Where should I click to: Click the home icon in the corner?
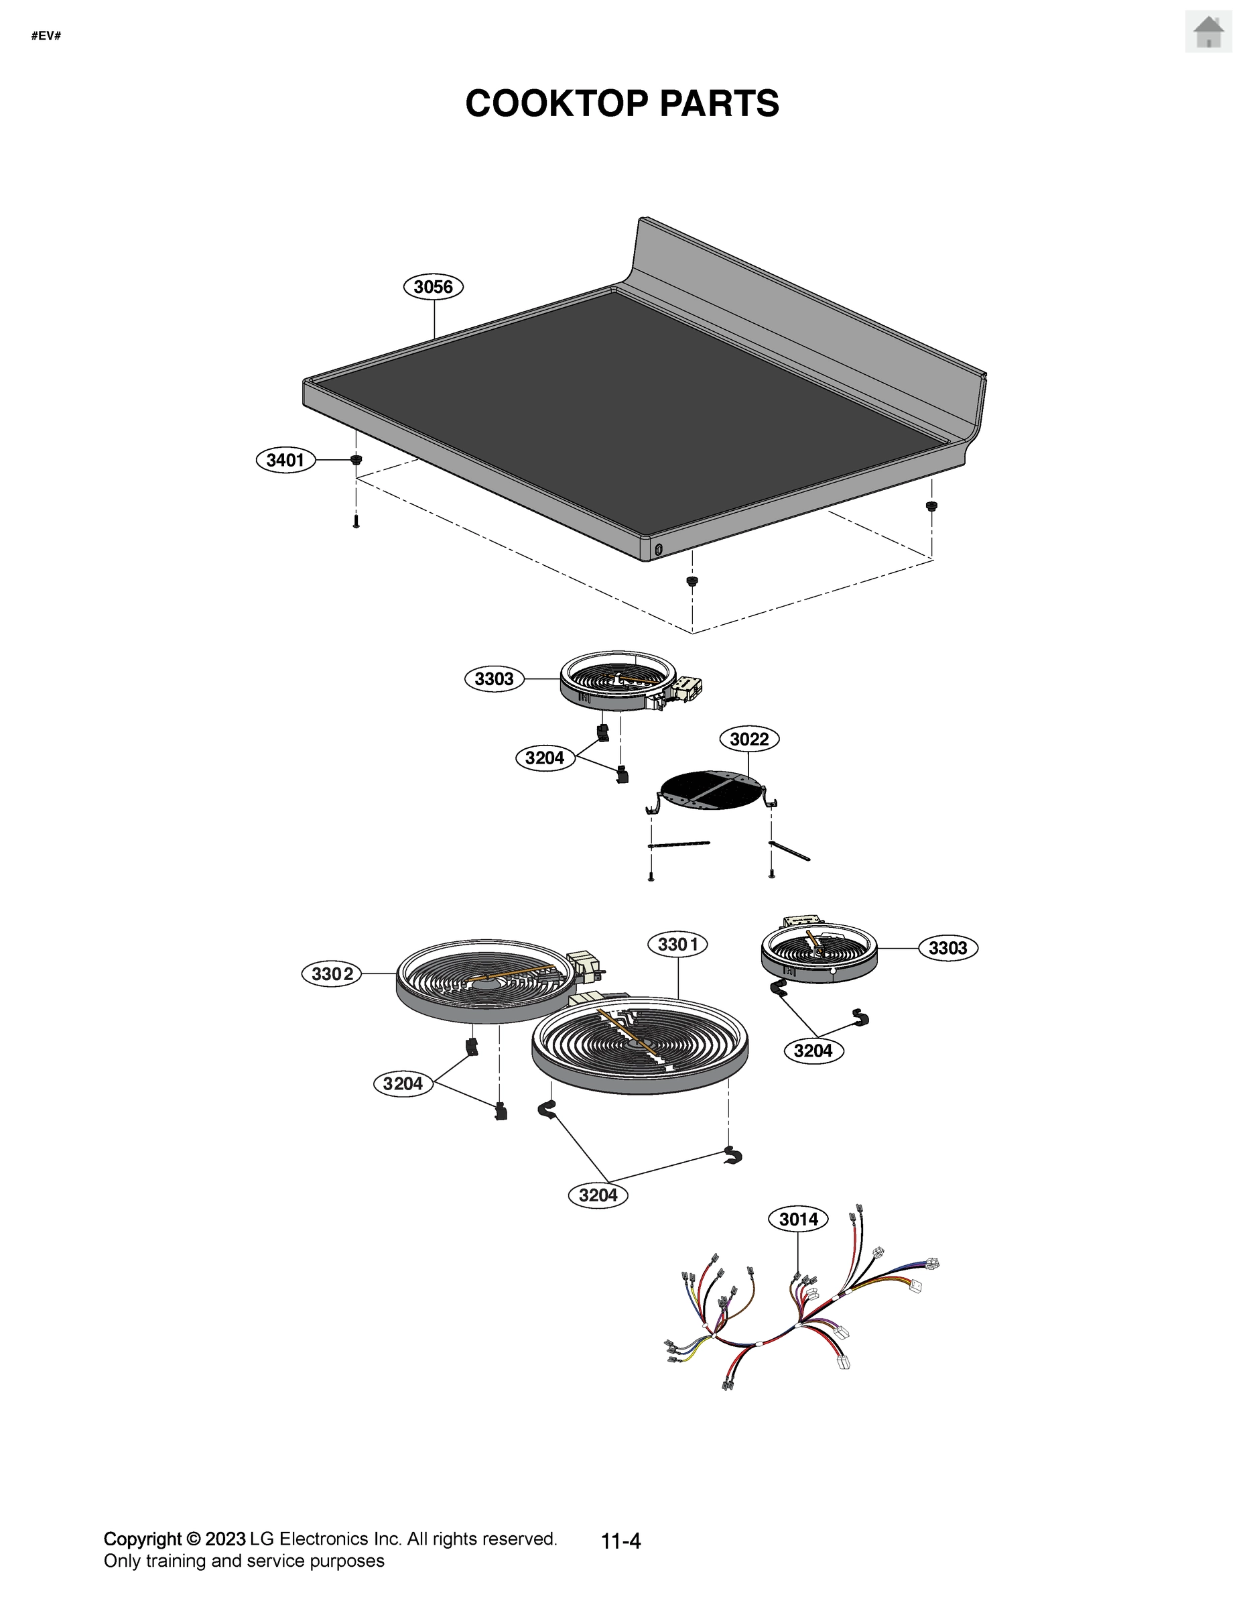coord(1207,32)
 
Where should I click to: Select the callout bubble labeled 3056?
coord(433,286)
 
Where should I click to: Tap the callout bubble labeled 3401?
coord(285,461)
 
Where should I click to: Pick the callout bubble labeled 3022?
coord(748,739)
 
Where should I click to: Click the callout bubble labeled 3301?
coord(677,944)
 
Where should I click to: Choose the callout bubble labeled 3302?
coord(332,974)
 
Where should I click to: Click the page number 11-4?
coord(620,1541)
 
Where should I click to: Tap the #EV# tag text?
coord(46,36)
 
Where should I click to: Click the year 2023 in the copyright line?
coord(224,1539)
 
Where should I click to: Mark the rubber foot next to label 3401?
coord(356,460)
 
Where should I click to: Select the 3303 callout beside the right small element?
coord(947,948)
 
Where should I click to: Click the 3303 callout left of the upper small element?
coord(494,678)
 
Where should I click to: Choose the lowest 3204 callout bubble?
coord(598,1195)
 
